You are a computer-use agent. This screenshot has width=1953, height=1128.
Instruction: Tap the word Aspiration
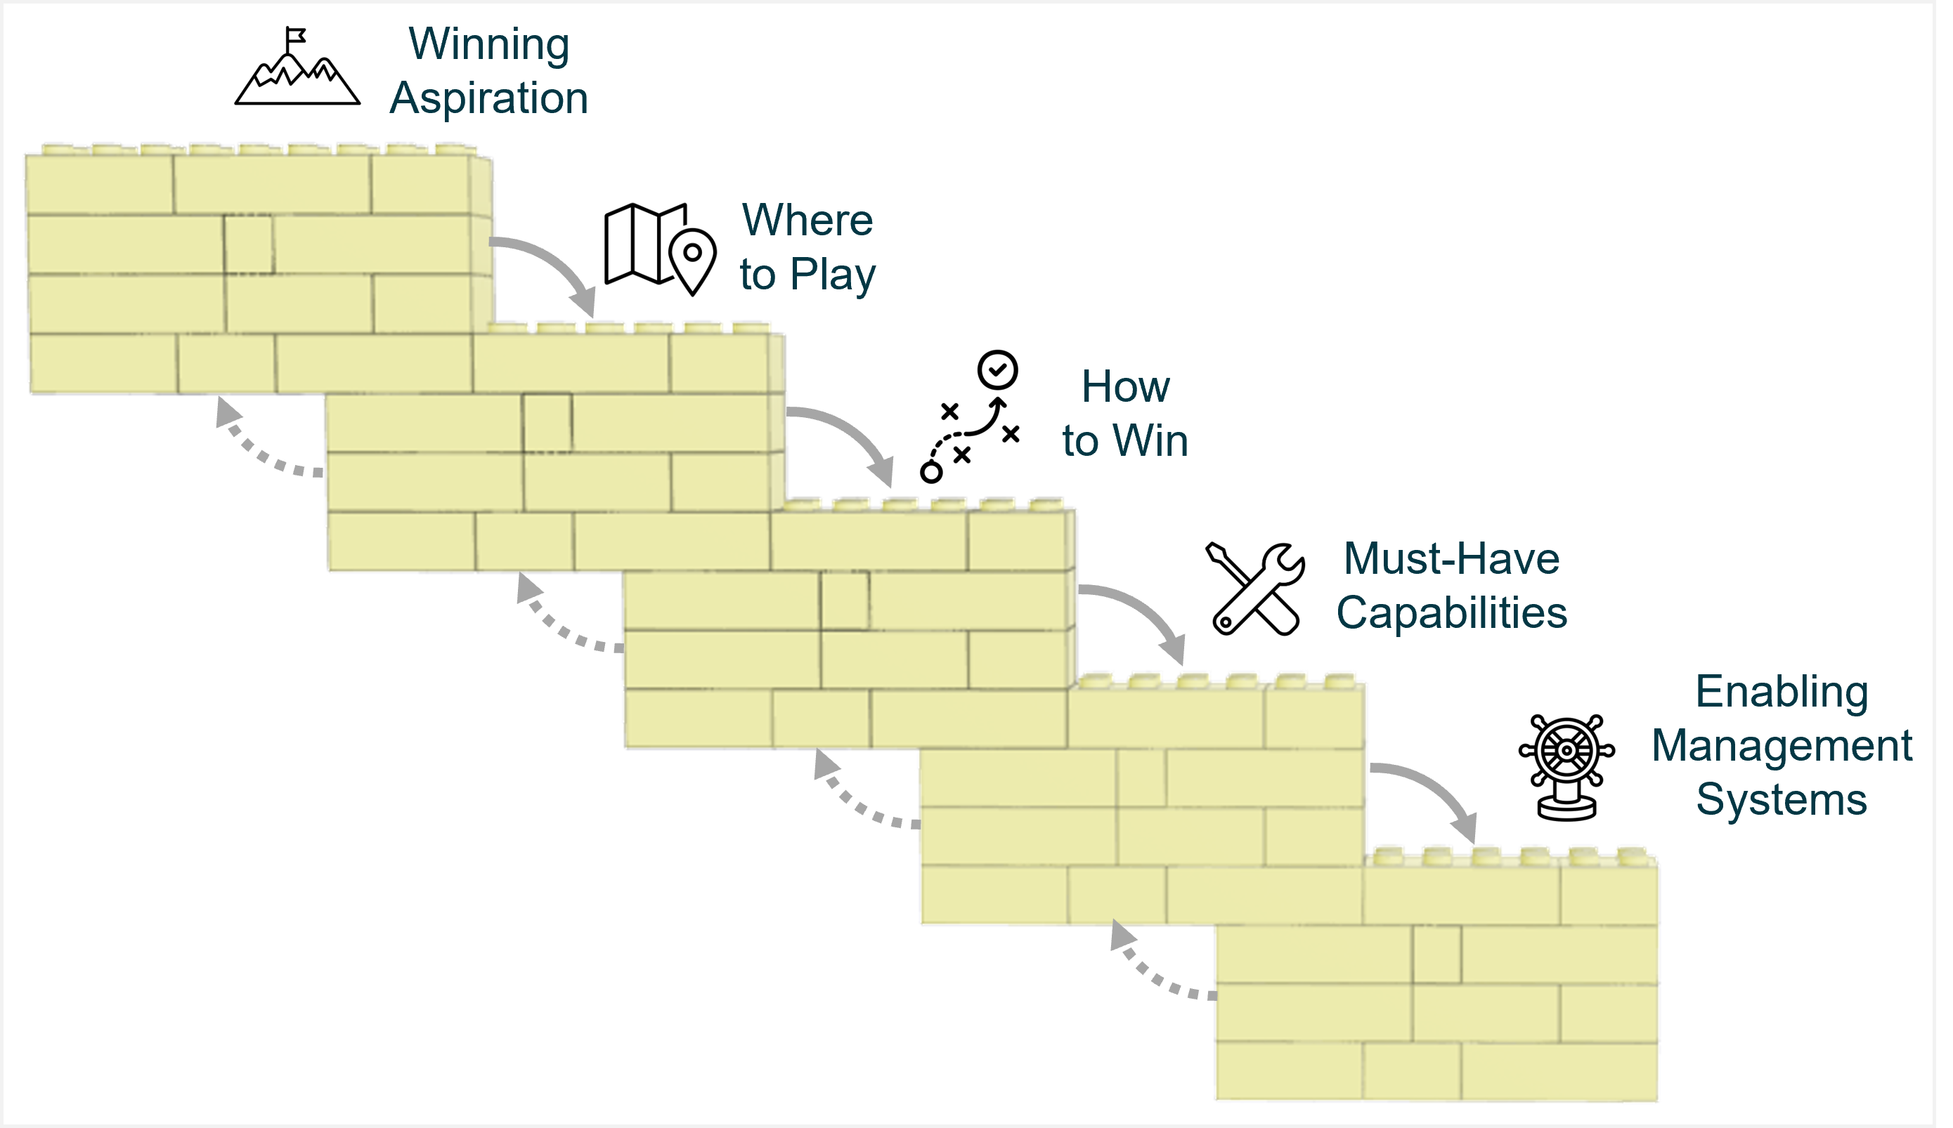[489, 98]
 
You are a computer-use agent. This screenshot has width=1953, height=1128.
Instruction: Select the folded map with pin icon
[658, 248]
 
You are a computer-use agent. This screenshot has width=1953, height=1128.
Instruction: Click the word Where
[807, 220]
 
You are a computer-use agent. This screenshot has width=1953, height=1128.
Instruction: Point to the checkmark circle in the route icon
[997, 369]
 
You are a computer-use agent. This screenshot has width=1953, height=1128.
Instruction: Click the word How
[1124, 386]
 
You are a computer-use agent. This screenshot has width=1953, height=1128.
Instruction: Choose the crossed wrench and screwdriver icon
[1254, 589]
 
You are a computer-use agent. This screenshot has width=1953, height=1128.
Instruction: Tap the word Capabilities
[1451, 612]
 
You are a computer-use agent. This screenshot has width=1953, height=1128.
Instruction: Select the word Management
[1781, 745]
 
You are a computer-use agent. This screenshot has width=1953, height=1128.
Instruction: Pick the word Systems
[1781, 799]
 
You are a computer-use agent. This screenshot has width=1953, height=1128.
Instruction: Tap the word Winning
[489, 44]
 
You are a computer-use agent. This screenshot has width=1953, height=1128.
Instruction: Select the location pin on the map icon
[692, 258]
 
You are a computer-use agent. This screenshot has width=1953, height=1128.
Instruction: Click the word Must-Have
[1451, 558]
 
